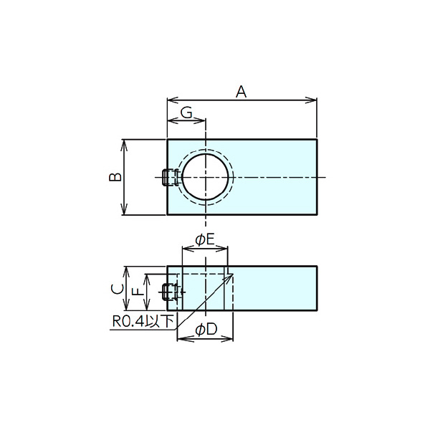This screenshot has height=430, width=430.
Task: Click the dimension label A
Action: [241, 92]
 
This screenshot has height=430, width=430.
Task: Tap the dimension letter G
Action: [187, 113]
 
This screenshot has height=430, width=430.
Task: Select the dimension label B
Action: [115, 177]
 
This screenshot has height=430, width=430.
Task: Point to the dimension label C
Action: [117, 289]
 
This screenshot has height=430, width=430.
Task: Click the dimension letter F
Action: [139, 292]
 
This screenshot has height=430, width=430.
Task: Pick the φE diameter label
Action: [204, 240]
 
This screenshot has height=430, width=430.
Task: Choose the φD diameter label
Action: [206, 330]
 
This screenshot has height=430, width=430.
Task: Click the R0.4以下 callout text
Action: [143, 321]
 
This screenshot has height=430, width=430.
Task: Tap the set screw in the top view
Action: [171, 177]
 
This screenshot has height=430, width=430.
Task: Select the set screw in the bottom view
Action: [171, 292]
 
